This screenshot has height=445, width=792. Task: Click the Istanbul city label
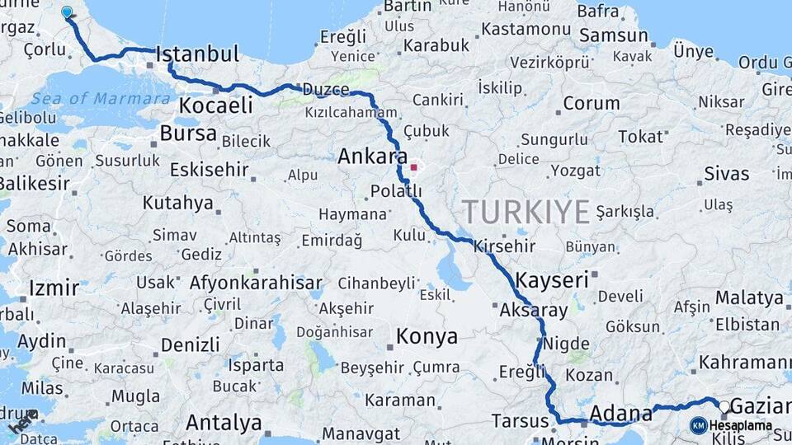(x=197, y=55)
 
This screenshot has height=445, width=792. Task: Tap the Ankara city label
(x=372, y=157)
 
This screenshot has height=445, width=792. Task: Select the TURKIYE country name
(x=526, y=212)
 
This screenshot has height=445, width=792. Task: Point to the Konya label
(x=427, y=336)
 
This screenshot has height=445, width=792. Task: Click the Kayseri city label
(x=552, y=279)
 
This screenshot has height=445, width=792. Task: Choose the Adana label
(x=616, y=412)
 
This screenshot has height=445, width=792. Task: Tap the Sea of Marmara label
(x=101, y=99)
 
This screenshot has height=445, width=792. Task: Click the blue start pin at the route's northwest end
(x=67, y=12)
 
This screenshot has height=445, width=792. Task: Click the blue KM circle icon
(x=698, y=425)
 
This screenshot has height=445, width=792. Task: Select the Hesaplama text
(x=740, y=426)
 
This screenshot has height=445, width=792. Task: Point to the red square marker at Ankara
(x=414, y=166)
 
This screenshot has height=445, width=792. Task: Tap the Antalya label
(x=224, y=423)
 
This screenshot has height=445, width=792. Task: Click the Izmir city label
(x=54, y=288)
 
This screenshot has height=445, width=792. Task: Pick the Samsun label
(x=614, y=35)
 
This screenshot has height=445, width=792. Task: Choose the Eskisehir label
(x=209, y=170)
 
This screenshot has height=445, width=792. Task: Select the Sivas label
(x=727, y=174)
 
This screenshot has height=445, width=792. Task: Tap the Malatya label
(x=749, y=297)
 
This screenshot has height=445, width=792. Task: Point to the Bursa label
(x=188, y=133)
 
